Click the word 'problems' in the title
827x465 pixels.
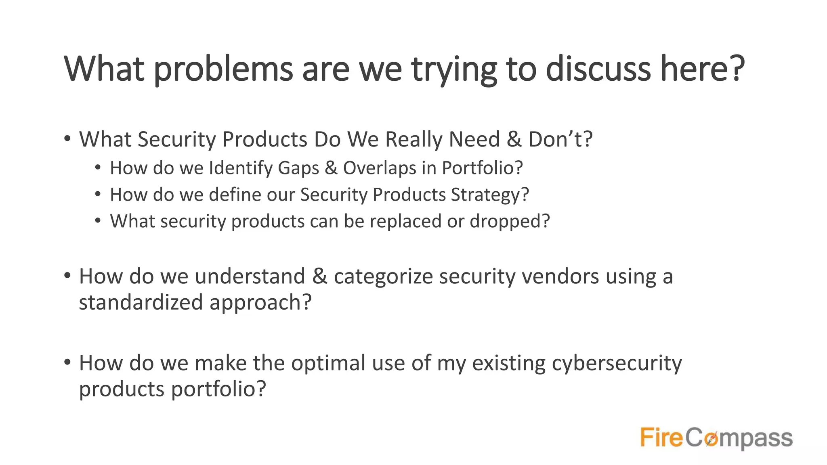pos(223,69)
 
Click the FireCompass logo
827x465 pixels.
pos(716,438)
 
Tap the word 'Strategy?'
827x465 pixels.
pos(490,195)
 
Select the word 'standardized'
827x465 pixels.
pos(141,302)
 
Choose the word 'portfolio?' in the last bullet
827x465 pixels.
pos(218,389)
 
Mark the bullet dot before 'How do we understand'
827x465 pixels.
pos(67,276)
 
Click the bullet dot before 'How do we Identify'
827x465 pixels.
pos(98,167)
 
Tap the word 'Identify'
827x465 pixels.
pos(241,168)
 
